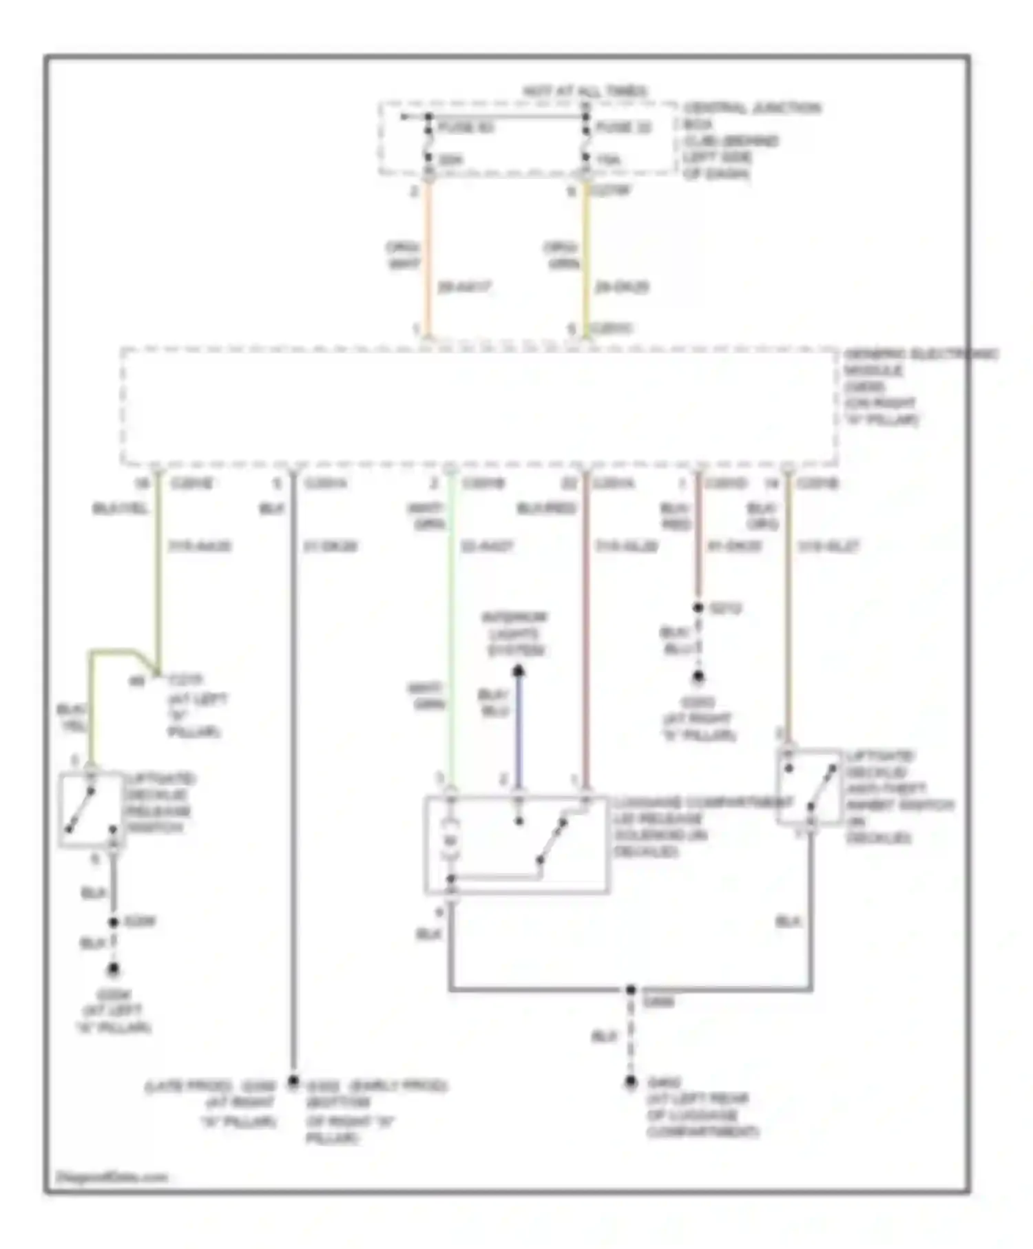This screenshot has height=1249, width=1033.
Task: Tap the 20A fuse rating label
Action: click(x=450, y=160)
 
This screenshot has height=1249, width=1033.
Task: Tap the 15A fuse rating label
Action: click(x=608, y=160)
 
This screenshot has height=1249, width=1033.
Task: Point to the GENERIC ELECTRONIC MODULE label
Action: click(x=919, y=362)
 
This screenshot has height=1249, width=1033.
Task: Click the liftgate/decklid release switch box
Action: click(x=92, y=810)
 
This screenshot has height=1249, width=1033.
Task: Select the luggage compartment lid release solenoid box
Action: click(x=516, y=845)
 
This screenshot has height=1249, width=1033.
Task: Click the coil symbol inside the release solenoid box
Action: click(x=450, y=841)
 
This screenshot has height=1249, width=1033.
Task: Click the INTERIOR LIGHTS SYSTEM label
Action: click(x=515, y=633)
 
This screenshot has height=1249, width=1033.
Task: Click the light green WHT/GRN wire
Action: click(x=451, y=620)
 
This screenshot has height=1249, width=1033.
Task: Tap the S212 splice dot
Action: click(x=698, y=607)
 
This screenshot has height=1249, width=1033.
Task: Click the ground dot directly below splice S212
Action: click(x=698, y=677)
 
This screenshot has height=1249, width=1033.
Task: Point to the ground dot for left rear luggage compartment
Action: click(x=630, y=1082)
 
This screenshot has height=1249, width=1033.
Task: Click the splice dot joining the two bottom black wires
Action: click(x=630, y=989)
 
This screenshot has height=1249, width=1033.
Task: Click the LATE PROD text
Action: click(x=180, y=1086)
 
